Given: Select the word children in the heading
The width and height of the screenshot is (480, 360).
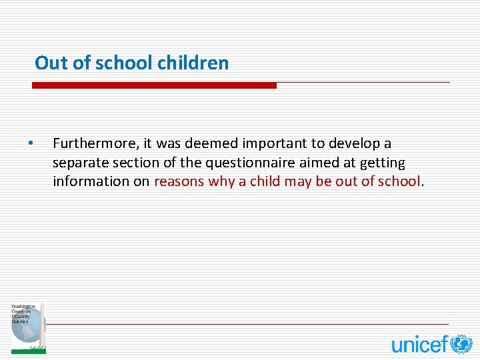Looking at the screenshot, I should coord(193,63).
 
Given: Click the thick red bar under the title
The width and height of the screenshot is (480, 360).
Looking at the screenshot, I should coord(154,85).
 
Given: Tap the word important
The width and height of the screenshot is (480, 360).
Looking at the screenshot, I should coord(273,143).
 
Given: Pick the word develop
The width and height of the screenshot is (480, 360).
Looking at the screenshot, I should coord(354,143).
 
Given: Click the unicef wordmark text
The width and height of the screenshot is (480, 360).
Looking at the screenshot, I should coord(419,344).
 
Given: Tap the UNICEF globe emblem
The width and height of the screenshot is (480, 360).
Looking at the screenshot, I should coord(461,343).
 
